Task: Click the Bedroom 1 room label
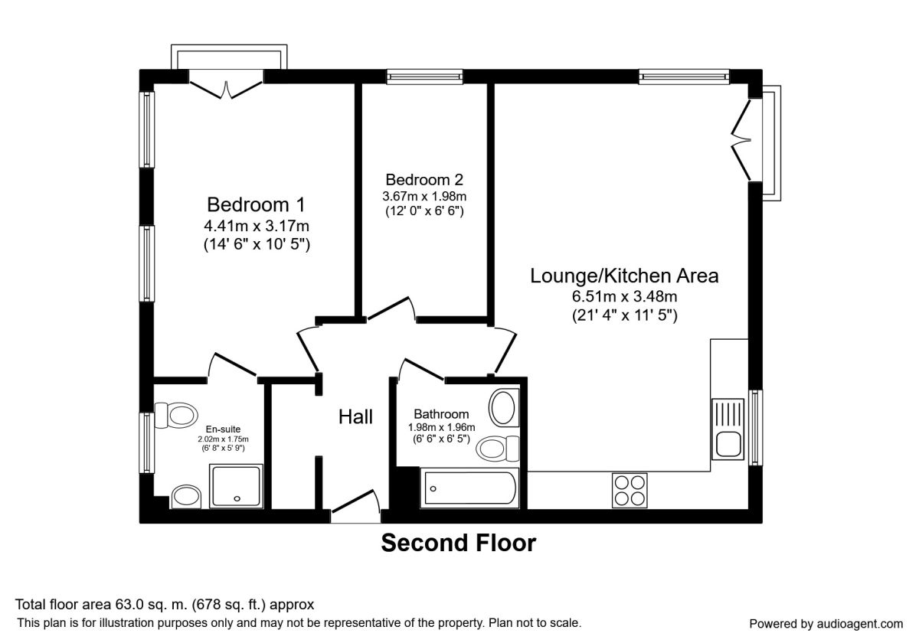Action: click(256, 204)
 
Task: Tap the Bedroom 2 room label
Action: click(424, 180)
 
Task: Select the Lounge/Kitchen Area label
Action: click(624, 276)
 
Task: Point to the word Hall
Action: click(355, 417)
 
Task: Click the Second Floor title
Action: click(458, 543)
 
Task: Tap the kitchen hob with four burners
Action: click(630, 491)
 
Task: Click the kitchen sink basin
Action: click(728, 444)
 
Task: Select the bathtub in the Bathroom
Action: click(469, 488)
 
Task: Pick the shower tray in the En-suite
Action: click(236, 486)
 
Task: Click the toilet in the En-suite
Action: click(176, 416)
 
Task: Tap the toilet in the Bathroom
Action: click(498, 449)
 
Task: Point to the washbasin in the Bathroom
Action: click(504, 408)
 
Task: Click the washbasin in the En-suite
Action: click(186, 497)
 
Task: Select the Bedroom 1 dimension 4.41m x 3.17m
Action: click(257, 226)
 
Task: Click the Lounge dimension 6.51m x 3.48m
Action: click(624, 296)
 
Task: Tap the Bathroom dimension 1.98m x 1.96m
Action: click(441, 427)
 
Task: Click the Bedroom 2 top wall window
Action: click(424, 77)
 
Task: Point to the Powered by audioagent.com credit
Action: click(826, 624)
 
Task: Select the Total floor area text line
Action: click(165, 605)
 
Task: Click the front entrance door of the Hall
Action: click(355, 507)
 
